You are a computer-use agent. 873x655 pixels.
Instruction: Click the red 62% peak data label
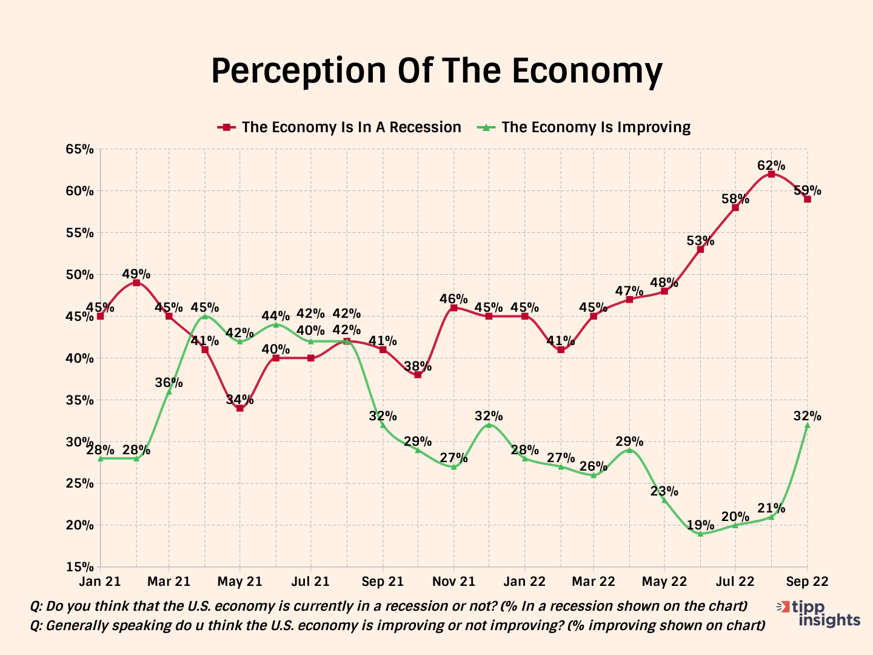771,166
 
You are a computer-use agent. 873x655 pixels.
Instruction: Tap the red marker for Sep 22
807,199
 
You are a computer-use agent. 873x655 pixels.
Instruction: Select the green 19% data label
700,525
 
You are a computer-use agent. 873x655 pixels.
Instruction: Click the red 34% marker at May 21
240,408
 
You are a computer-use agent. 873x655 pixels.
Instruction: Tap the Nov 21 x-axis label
453,582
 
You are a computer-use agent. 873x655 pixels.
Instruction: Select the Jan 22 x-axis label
524,582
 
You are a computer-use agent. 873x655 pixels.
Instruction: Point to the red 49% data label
136,274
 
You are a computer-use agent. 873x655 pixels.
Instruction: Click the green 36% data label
169,383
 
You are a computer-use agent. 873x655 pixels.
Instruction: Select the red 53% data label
700,241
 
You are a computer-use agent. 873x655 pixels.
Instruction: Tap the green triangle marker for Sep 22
807,425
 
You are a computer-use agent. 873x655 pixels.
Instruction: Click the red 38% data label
418,366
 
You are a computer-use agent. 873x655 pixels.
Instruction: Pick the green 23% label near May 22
664,491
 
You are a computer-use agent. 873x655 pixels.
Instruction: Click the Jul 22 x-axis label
735,582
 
